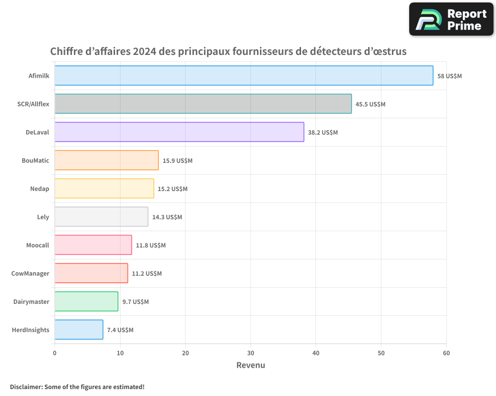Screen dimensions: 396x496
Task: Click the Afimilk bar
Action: pyautogui.click(x=244, y=76)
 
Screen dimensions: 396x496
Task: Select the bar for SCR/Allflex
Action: pyautogui.click(x=203, y=104)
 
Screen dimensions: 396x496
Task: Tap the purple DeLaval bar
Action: pyautogui.click(x=179, y=132)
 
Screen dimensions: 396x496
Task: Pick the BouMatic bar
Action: pyautogui.click(x=107, y=160)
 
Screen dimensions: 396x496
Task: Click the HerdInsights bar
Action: pyautogui.click(x=79, y=330)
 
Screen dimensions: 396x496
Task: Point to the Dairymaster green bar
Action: pyautogui.click(x=86, y=301)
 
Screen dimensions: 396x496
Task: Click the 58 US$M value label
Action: pyautogui.click(x=449, y=76)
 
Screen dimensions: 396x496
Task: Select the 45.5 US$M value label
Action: pyautogui.click(x=371, y=104)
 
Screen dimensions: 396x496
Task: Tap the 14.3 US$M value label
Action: pyautogui.click(x=167, y=217)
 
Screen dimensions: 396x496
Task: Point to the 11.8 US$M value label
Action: pyautogui.click(x=151, y=246)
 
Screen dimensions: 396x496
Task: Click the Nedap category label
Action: pyautogui.click(x=39, y=189)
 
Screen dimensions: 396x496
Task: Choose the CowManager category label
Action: pyautogui.click(x=30, y=273)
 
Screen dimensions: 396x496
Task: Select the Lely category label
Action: pyautogui.click(x=43, y=217)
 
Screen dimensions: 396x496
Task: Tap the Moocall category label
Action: pyautogui.click(x=38, y=245)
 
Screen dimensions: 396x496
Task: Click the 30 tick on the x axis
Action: pyautogui.click(x=250, y=353)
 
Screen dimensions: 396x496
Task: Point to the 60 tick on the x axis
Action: pyautogui.click(x=446, y=353)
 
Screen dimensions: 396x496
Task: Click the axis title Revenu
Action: pyautogui.click(x=250, y=365)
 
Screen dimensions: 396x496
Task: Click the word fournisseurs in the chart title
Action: pyautogui.click(x=260, y=51)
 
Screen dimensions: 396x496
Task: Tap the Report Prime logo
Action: pyautogui.click(x=451, y=19)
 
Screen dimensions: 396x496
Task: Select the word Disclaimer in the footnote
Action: pyautogui.click(x=26, y=387)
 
